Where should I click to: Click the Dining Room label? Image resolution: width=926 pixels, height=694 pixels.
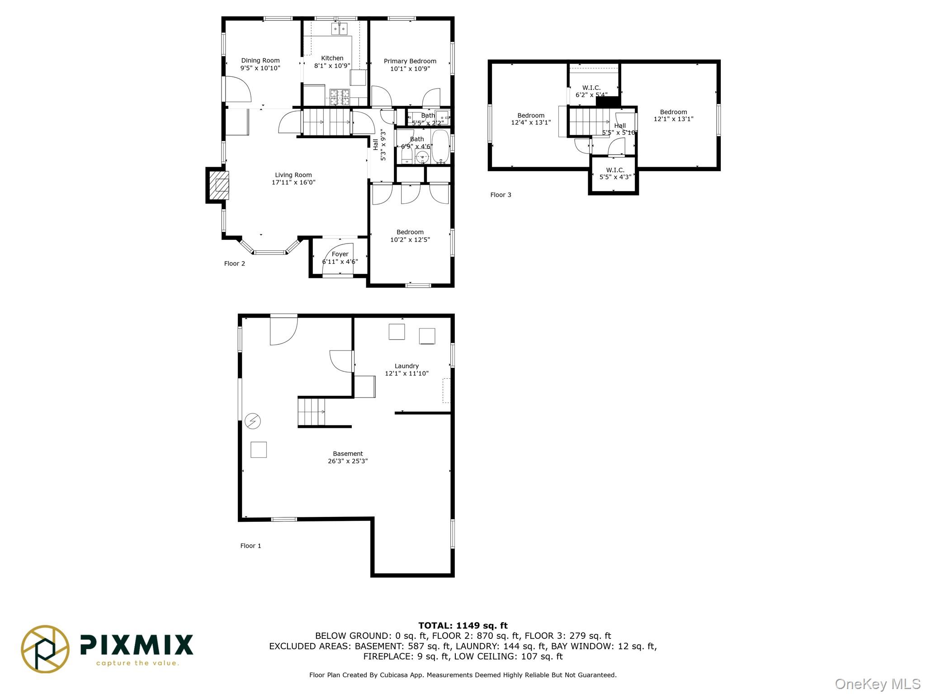(x=260, y=61)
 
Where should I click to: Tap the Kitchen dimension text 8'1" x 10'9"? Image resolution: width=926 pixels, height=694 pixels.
(x=332, y=66)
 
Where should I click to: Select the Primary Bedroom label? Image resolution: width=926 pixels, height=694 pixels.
(x=410, y=61)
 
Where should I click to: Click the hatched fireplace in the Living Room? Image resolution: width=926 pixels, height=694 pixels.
(x=218, y=185)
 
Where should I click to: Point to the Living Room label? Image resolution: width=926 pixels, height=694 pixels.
(x=293, y=175)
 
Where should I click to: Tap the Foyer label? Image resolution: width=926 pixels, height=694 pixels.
(x=340, y=254)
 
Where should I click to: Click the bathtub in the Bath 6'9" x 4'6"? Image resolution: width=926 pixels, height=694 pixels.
(x=440, y=146)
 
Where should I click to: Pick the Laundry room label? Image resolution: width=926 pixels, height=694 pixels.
(x=406, y=366)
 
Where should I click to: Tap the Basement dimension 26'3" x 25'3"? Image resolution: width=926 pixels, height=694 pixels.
(x=348, y=461)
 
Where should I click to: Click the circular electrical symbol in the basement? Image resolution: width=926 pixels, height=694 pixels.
(x=253, y=421)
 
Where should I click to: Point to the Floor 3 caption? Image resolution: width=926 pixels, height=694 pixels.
(x=501, y=195)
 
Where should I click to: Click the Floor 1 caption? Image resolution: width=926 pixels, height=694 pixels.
(x=250, y=546)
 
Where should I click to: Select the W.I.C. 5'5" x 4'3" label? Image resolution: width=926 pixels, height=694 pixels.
(x=615, y=173)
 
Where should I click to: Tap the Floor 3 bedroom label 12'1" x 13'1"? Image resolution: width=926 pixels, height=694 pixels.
(x=673, y=116)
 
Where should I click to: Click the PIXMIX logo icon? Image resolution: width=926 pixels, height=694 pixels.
(x=45, y=649)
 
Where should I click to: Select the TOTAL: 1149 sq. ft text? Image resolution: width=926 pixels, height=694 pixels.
(x=463, y=626)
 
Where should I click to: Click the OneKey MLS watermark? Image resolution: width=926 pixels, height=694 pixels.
(x=878, y=684)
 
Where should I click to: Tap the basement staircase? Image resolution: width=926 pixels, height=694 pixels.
(x=312, y=412)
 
